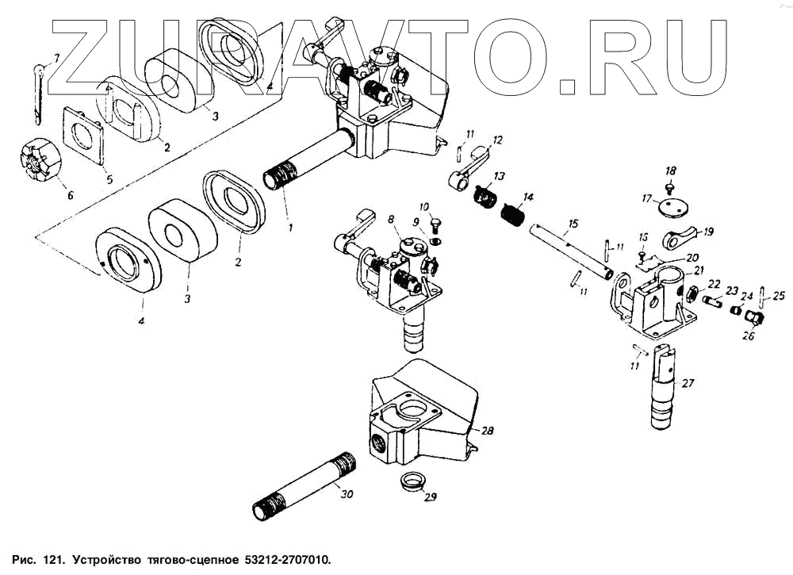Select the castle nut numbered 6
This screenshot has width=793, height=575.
click(36, 162)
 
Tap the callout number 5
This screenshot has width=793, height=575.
click(109, 180)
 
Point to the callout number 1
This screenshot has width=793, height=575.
click(290, 228)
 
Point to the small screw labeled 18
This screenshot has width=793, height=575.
click(669, 188)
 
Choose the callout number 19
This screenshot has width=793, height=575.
click(708, 232)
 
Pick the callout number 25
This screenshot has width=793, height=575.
click(780, 297)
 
